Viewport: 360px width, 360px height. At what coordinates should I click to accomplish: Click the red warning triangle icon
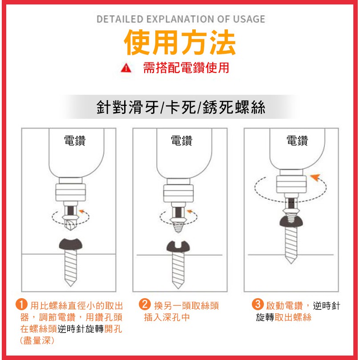click(126, 69)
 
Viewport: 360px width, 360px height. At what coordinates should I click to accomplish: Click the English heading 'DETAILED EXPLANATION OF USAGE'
click(181, 19)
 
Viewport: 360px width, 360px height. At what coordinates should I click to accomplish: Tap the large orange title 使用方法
click(180, 42)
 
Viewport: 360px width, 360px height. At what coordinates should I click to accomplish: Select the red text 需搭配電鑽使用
click(186, 68)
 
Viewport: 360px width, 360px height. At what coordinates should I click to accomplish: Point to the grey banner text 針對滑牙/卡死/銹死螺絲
click(181, 107)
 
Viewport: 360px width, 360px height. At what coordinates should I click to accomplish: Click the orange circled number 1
click(21, 305)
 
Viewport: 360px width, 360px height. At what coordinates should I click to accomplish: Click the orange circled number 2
click(145, 304)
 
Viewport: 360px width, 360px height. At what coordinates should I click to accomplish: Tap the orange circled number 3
click(258, 304)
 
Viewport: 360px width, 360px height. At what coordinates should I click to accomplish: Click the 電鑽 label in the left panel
click(75, 141)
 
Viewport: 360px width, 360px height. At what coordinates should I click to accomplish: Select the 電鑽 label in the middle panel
click(182, 141)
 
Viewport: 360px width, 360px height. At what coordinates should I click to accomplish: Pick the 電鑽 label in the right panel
click(297, 141)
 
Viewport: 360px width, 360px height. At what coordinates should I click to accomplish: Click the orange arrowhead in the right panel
click(316, 177)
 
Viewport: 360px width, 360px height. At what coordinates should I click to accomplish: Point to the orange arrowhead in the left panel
click(81, 211)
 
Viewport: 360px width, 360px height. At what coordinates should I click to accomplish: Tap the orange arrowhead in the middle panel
click(190, 211)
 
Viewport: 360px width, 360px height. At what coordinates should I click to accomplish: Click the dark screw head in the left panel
click(70, 244)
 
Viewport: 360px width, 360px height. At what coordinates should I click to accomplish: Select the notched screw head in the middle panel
click(178, 247)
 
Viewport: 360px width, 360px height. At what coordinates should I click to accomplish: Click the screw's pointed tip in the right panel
click(291, 263)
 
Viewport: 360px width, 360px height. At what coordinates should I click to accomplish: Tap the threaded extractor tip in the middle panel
click(178, 227)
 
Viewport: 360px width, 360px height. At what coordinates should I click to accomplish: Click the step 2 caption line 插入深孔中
click(167, 317)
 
